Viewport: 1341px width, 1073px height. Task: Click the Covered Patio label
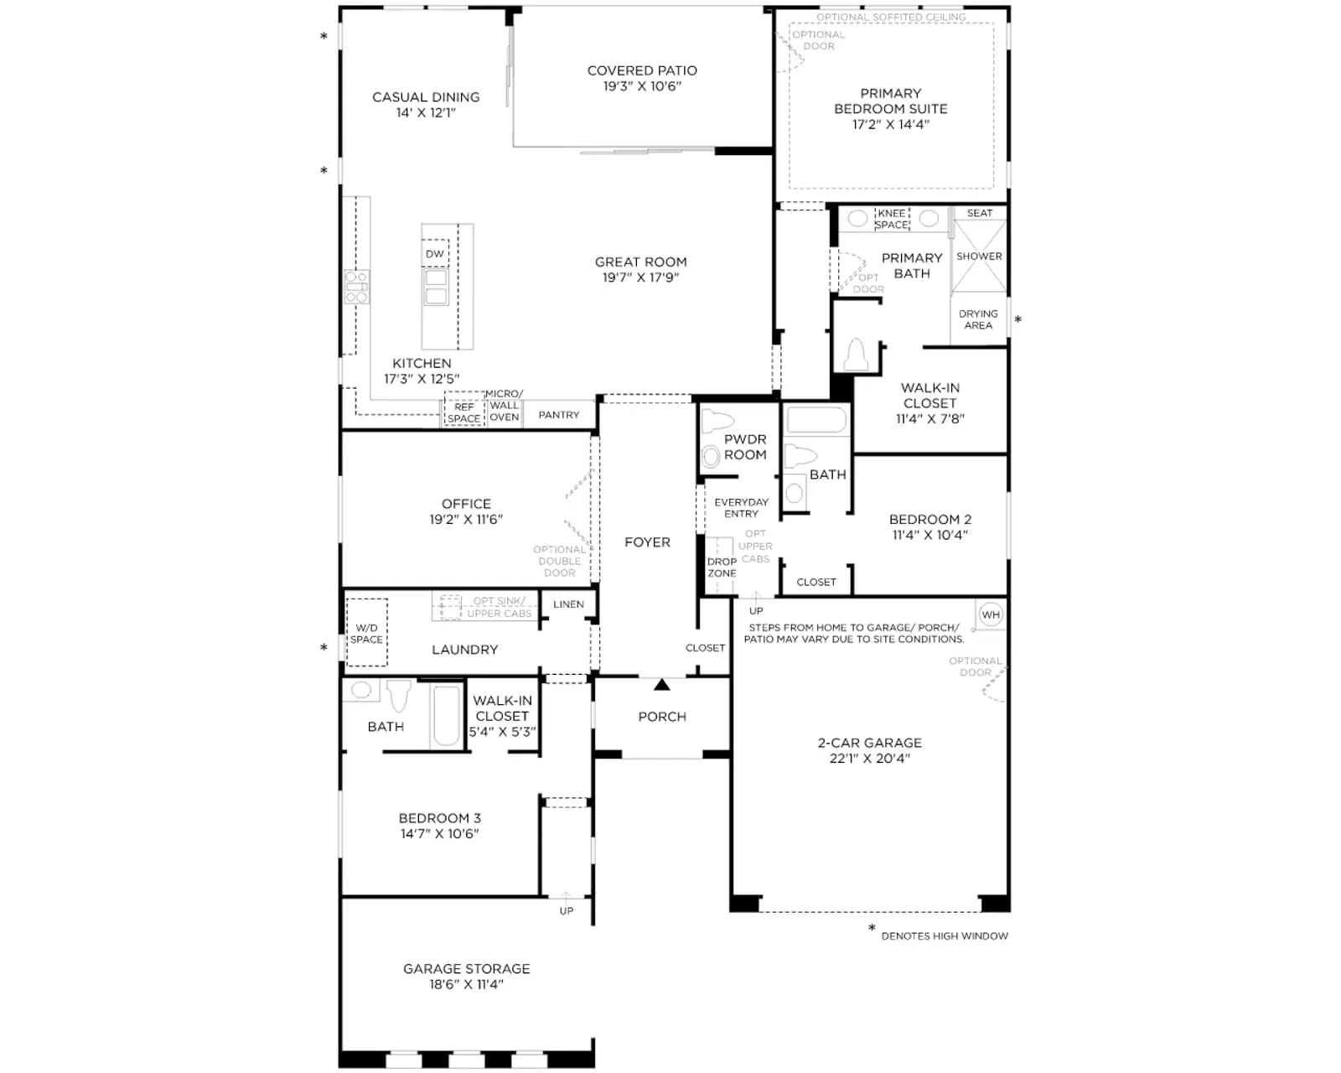(642, 70)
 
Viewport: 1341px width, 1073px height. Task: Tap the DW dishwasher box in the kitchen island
(435, 253)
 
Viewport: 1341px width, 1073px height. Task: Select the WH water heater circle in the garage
(991, 614)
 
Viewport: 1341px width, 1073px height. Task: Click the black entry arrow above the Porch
(662, 685)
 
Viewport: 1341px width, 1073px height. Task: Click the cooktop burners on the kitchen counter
(356, 287)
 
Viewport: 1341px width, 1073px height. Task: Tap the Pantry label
(559, 415)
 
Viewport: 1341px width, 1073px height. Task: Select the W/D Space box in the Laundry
(366, 632)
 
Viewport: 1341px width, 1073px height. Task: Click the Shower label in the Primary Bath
(979, 257)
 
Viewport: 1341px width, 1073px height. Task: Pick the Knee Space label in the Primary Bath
(892, 219)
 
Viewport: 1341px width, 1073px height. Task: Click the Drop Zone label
(722, 568)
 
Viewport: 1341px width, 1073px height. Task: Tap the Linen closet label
(568, 604)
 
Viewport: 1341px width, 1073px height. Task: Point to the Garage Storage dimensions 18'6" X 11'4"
(466, 984)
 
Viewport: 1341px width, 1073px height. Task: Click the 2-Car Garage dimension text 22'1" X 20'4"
(870, 758)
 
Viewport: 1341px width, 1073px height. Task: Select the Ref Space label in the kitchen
(463, 412)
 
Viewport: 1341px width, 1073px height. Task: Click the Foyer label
(647, 542)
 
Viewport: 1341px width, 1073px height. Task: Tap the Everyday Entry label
(741, 507)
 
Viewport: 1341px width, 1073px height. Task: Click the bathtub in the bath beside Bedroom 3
(446, 715)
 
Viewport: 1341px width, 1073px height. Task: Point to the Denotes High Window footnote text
(944, 936)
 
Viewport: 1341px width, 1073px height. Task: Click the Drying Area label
(978, 319)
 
